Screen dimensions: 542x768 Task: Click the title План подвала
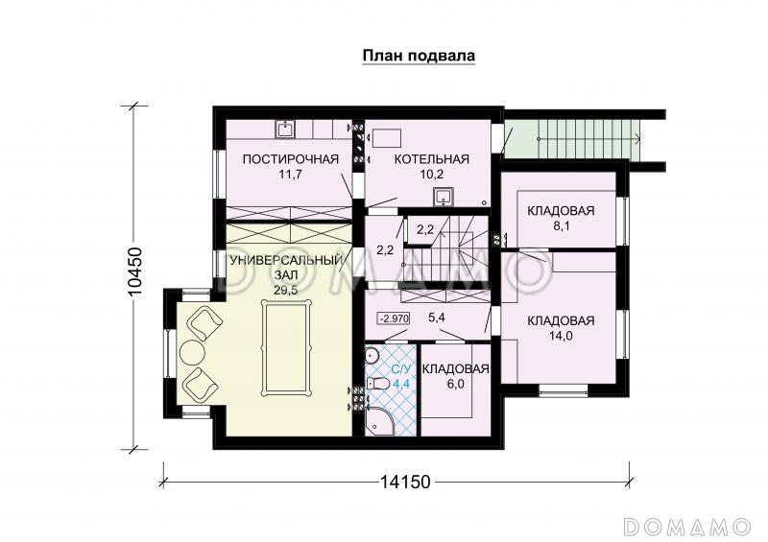(419, 56)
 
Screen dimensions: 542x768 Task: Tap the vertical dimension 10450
(136, 277)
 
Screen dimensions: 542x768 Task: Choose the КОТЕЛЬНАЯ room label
(418, 159)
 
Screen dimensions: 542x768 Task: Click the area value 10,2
(418, 175)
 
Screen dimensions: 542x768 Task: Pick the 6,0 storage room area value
(456, 384)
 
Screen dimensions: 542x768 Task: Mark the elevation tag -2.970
(395, 318)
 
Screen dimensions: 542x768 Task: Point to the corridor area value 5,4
(437, 317)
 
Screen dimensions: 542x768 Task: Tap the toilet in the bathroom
(378, 384)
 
